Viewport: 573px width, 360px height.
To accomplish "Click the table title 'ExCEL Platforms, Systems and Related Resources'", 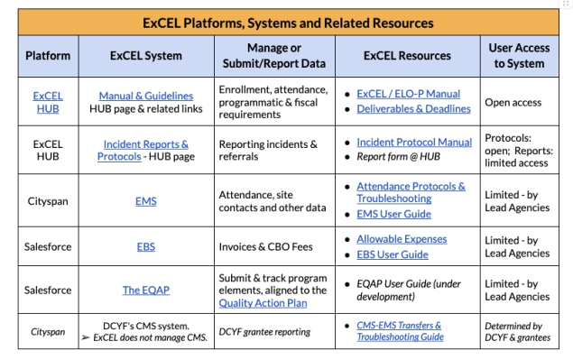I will point(288,23).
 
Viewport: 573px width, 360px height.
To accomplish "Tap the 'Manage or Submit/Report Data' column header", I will point(275,56).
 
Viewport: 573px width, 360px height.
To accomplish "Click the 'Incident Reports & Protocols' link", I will point(145,144).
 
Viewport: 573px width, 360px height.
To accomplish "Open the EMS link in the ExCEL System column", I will point(146,201).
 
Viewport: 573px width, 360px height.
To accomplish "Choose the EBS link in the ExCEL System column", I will point(146,247).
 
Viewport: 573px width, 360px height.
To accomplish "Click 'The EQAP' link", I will point(146,290).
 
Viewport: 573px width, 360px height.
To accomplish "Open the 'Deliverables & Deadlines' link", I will point(413,109).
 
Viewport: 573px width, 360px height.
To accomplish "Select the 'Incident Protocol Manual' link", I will point(414,143).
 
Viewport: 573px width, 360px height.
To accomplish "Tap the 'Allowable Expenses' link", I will point(402,239).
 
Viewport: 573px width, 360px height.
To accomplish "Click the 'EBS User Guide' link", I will point(393,255).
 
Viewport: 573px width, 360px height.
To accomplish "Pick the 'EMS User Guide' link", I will point(393,215).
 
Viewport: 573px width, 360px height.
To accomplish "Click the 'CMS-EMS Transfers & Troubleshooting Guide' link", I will point(399,331).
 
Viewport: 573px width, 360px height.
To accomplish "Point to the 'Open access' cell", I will point(513,102).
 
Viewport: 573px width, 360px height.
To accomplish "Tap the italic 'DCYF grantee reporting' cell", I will point(265,332).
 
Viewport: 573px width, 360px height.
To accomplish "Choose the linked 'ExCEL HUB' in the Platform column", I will point(48,102).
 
